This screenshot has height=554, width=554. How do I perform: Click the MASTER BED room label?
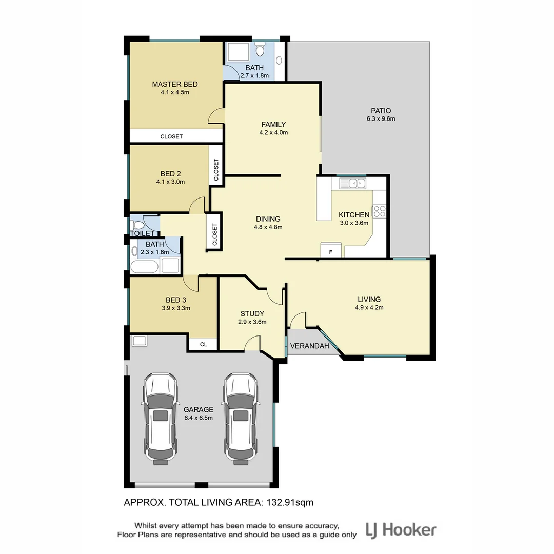[174, 84]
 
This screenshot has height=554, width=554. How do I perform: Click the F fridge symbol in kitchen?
[330, 252]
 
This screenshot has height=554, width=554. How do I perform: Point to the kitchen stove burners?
[379, 211]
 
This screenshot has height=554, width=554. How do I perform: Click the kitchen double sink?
[351, 183]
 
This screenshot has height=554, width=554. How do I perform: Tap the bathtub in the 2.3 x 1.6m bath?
[144, 267]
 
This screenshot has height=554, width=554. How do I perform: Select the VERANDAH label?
[309, 346]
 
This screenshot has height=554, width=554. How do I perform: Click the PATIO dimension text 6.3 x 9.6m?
[381, 118]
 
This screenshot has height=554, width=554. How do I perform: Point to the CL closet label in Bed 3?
[203, 344]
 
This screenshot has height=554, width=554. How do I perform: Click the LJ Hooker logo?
[401, 530]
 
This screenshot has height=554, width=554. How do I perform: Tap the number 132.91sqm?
[289, 503]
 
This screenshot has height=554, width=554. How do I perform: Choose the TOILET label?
[142, 233]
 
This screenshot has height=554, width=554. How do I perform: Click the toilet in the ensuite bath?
[260, 50]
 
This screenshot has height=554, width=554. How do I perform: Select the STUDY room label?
[252, 313]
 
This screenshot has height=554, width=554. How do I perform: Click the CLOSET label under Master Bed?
[171, 136]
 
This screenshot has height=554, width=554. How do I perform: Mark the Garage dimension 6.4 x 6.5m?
[198, 418]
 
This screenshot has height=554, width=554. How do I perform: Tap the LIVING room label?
[369, 299]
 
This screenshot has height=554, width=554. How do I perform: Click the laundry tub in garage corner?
[139, 341]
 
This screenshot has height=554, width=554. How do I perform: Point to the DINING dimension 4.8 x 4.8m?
[268, 227]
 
